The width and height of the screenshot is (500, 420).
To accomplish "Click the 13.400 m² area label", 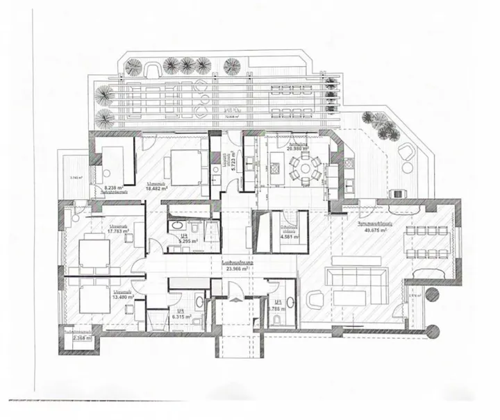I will click(x=120, y=297).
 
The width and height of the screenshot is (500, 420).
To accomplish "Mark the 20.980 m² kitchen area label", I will click(x=300, y=148).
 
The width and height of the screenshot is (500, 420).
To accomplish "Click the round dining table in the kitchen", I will click(x=306, y=167).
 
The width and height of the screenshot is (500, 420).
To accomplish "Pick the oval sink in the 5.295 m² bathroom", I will click(x=176, y=226).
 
